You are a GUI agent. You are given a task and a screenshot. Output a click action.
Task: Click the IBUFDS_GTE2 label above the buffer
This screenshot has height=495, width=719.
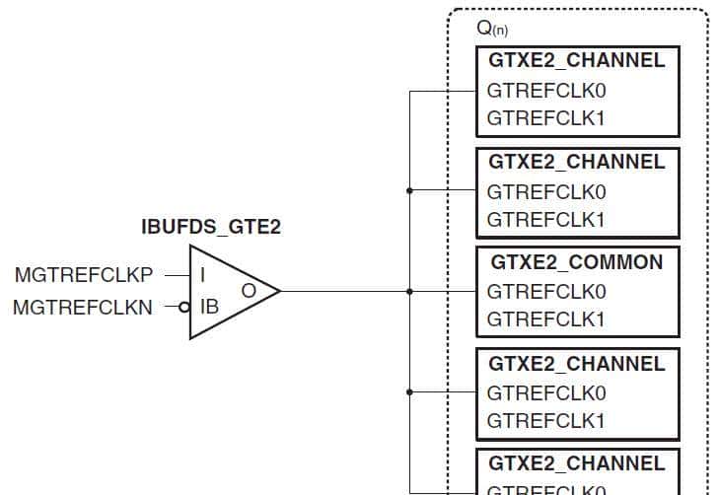212,228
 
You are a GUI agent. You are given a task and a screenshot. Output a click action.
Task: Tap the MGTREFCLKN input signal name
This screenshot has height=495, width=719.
83,308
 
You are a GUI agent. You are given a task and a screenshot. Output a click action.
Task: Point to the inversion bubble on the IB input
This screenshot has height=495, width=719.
184,308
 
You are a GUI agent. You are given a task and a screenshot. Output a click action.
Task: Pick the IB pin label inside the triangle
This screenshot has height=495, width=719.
209,307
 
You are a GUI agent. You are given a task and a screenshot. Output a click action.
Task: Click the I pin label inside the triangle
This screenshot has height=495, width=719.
203,274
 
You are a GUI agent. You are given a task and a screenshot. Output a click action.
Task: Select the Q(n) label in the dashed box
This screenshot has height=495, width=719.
492,28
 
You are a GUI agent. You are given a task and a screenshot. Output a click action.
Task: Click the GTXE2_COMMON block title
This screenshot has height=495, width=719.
576,262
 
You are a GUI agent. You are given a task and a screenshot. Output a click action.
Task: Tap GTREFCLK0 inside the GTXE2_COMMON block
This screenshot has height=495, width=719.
545,292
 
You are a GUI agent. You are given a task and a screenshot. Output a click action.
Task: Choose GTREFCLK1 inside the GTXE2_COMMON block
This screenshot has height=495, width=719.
545,319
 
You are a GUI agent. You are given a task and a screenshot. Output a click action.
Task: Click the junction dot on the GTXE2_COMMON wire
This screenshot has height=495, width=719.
409,291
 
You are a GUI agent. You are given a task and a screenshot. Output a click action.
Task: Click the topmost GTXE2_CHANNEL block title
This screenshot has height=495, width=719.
577,60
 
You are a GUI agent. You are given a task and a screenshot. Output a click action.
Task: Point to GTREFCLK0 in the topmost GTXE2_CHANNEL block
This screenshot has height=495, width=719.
545,91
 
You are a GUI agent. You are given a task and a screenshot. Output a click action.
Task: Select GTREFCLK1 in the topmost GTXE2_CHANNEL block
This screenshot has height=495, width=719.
545,119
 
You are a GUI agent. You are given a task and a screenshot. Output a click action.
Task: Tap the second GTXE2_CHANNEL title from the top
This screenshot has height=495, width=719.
577,162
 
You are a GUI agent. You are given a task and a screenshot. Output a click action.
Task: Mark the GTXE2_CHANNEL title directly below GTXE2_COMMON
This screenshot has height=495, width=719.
577,364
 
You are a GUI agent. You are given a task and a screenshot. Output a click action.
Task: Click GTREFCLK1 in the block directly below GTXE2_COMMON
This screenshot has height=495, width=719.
545,421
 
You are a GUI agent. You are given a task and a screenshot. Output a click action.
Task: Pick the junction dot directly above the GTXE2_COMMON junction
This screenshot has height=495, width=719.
409,190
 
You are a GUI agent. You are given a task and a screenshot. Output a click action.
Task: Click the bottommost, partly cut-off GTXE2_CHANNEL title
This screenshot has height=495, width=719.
577,463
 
